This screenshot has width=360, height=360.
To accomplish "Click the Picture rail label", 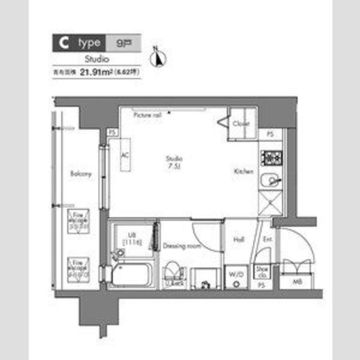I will pos(147,115).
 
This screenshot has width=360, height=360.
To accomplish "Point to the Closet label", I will pos(242,124).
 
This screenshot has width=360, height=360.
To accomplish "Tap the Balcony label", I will pos(81,174).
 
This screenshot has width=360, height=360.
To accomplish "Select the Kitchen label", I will pos(243,171).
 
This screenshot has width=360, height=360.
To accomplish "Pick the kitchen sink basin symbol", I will pos(271,181).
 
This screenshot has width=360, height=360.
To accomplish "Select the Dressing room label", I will pos(182,246).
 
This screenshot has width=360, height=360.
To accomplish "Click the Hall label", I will pos(238,240).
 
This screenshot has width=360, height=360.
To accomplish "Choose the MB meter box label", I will pos(296,281).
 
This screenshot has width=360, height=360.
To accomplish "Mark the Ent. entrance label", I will pos(268,240).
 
